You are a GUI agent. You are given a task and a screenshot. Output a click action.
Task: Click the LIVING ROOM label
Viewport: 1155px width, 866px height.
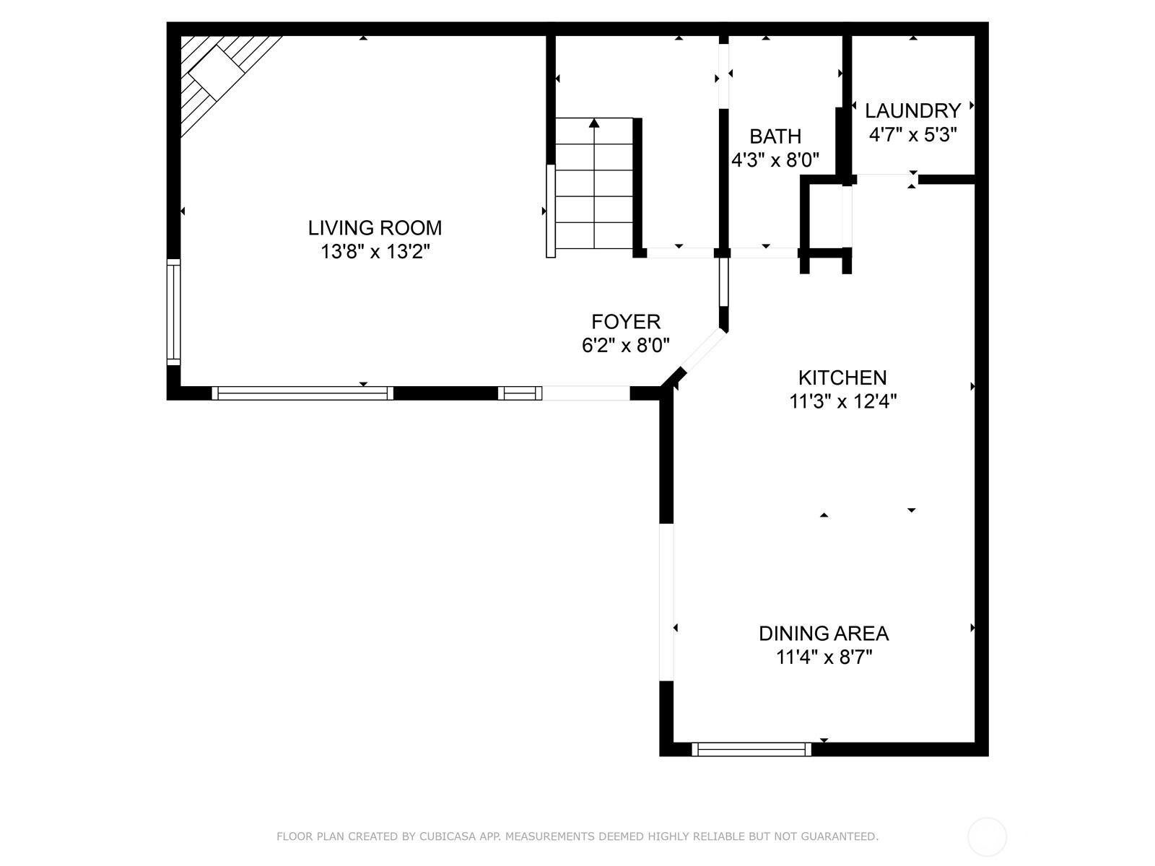pos(375,228)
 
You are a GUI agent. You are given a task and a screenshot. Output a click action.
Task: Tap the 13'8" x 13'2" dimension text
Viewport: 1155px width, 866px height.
pos(375,252)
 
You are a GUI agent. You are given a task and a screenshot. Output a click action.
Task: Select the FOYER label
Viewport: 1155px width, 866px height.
pos(625,322)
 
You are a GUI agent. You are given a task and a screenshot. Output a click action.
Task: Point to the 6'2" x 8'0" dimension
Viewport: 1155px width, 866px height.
pos(625,346)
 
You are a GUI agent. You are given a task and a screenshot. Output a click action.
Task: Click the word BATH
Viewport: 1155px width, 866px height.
pos(775,136)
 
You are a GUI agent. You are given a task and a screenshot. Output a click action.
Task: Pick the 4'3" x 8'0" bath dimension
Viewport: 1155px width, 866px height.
pos(775,160)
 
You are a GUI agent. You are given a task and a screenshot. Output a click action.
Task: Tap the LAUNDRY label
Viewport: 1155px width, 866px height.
pos(912,111)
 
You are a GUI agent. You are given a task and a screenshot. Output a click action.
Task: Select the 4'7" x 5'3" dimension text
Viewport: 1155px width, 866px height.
pos(912,135)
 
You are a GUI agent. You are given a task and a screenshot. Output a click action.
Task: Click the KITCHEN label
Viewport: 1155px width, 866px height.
pos(842,377)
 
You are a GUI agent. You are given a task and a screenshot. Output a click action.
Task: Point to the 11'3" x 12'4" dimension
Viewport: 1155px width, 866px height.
pos(842,401)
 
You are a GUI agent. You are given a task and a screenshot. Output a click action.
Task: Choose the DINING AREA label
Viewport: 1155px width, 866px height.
pos(823,634)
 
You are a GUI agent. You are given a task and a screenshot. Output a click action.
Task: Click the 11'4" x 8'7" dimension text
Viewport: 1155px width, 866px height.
pos(823,657)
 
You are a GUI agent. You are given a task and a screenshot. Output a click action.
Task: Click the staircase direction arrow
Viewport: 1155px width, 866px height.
pos(594,124)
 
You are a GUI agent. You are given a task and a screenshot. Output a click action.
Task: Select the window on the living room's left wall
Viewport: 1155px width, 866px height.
pos(173,312)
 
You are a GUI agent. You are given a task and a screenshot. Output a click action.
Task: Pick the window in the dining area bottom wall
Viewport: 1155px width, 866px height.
pos(751,749)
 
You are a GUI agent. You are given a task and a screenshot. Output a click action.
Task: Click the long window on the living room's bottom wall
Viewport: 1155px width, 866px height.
pos(302,393)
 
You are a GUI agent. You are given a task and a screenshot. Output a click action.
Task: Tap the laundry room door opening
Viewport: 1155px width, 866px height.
pos(884,178)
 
